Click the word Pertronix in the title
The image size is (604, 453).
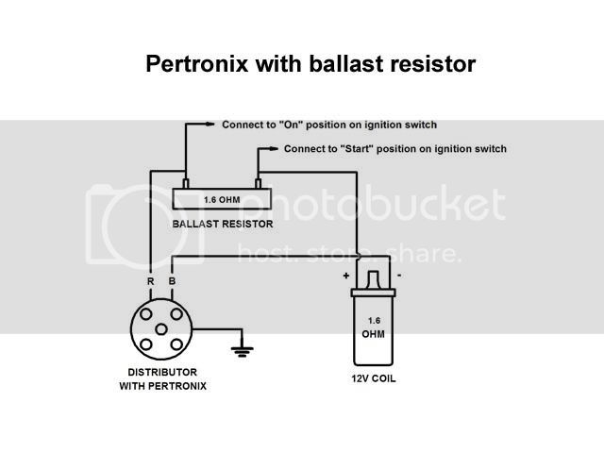click(x=197, y=63)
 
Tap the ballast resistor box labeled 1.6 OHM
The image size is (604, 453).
click(x=222, y=199)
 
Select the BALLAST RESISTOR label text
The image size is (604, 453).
click(x=223, y=224)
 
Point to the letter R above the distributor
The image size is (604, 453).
click(x=151, y=281)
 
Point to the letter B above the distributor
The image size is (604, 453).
click(x=172, y=281)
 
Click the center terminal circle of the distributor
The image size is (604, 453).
click(x=161, y=329)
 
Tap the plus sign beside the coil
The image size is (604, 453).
click(x=346, y=276)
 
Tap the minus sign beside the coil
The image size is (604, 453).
click(x=399, y=275)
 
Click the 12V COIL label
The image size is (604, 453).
click(x=374, y=378)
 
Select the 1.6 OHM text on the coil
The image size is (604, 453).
click(x=374, y=327)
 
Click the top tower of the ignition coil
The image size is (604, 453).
click(x=373, y=279)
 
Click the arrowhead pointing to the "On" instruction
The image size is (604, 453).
click(x=210, y=124)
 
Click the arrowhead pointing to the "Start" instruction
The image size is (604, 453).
click(x=273, y=149)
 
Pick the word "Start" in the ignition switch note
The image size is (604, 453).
click(x=357, y=149)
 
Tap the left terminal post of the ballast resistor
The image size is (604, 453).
click(x=186, y=184)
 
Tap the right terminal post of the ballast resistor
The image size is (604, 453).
click(x=258, y=184)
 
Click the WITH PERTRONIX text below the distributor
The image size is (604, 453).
click(x=163, y=386)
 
